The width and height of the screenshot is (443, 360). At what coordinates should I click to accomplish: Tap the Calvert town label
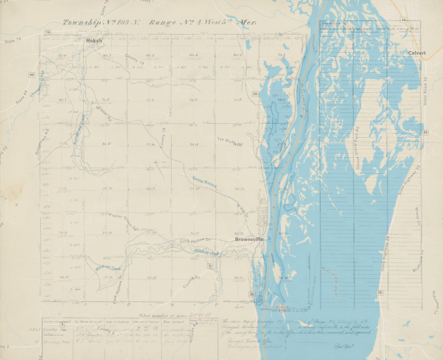pos(417,53)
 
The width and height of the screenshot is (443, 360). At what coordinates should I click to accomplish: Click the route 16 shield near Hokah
pos(48,33)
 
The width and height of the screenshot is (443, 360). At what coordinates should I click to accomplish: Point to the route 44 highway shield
pos(32,73)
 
